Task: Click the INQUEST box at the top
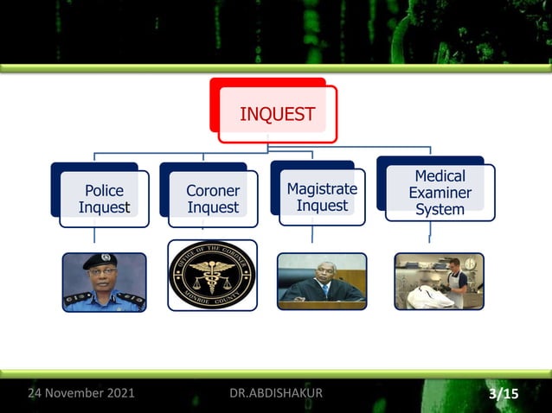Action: click(276, 114)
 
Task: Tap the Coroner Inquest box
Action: click(213, 199)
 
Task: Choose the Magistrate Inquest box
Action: click(322, 197)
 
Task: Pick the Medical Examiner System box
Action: click(440, 193)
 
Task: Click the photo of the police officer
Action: click(104, 282)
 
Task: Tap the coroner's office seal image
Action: click(212, 276)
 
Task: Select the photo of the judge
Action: click(322, 281)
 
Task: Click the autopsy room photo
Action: click(439, 281)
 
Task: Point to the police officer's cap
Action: click(100, 260)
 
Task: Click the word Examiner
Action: click(440, 193)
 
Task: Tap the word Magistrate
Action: click(322, 188)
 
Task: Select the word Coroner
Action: click(213, 190)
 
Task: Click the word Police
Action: click(104, 190)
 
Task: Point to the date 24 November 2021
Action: click(81, 394)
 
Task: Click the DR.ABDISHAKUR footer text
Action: click(276, 394)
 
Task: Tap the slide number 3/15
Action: click(504, 395)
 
